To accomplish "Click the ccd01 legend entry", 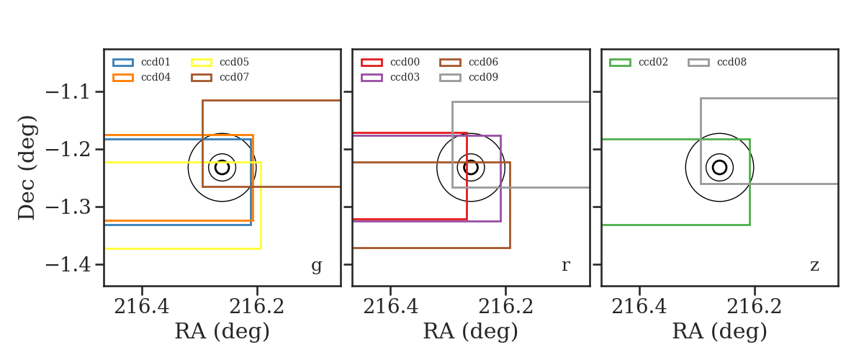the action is [x=141, y=62].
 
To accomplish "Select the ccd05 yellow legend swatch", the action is [x=202, y=63].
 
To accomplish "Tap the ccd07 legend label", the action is [x=234, y=77].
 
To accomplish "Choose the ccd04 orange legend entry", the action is [x=141, y=78].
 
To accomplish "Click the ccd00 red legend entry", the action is [x=390, y=62].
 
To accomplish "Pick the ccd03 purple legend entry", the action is [x=390, y=78].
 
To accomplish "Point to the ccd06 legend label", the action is [x=483, y=62].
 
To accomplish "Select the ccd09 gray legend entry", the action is [x=469, y=78].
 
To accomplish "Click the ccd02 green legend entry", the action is [x=639, y=62].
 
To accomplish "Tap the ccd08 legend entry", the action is [x=717, y=62].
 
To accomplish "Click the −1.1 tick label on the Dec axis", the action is [x=68, y=93].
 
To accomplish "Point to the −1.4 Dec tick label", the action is [x=68, y=265].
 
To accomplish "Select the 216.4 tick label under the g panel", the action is [x=142, y=307].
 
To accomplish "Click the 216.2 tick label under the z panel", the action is [x=754, y=307].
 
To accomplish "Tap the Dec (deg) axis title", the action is [x=27, y=168].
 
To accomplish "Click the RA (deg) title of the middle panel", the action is [x=471, y=331].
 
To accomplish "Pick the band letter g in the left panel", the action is [x=316, y=266].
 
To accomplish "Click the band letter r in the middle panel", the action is [x=565, y=266].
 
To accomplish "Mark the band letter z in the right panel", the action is [x=814, y=266].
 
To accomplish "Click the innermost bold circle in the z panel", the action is [x=720, y=161].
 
